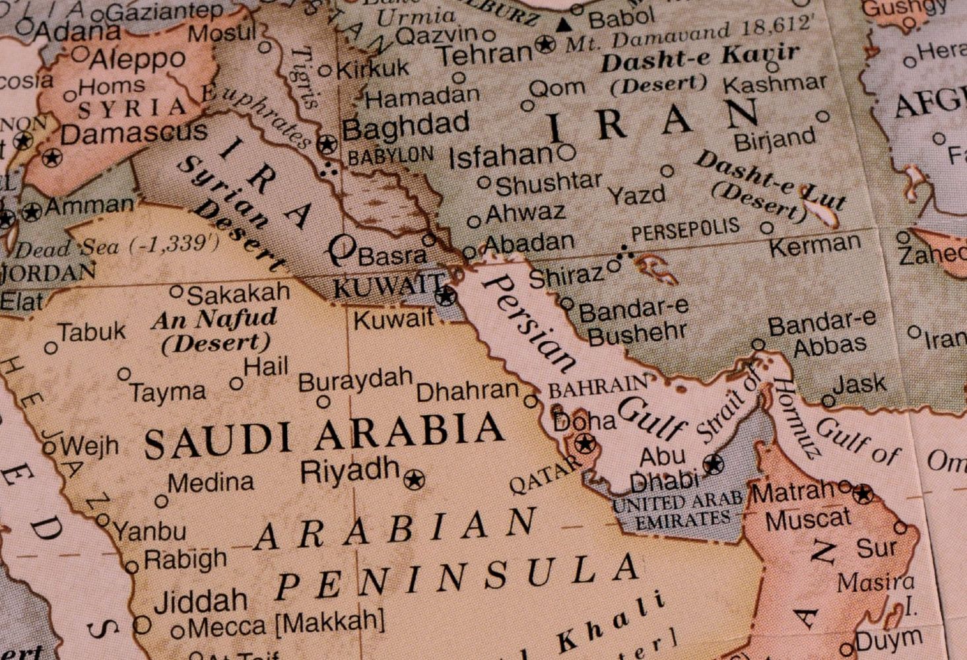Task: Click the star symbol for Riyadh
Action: tap(415, 480)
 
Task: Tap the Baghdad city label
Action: tap(405, 127)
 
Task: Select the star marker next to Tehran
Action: tap(545, 45)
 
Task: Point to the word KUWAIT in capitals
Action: tap(387, 286)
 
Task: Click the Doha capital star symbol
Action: tap(584, 443)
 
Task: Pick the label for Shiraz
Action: tap(566, 277)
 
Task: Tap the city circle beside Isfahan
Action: tap(566, 154)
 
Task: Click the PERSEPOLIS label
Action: tap(685, 232)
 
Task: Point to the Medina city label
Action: tap(211, 482)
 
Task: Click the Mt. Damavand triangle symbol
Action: tap(563, 26)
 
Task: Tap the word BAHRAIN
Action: tap(598, 387)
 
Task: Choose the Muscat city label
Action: tap(808, 519)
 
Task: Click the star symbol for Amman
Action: tap(31, 212)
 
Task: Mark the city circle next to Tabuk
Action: tap(51, 348)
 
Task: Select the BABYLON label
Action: tap(390, 156)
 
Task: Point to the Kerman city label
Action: tap(815, 247)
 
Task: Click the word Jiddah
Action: tap(201, 601)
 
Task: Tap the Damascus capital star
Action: tap(51, 158)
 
